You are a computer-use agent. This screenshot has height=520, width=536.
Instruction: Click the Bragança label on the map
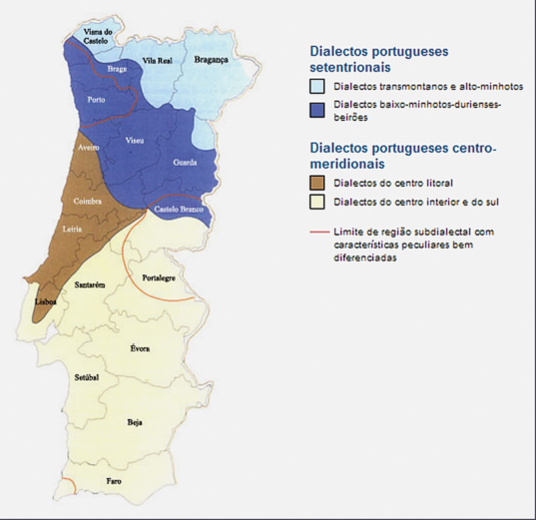click(211, 60)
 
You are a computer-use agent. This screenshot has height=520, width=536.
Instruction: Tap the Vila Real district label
click(157, 61)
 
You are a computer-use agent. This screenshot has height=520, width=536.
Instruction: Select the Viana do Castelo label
click(97, 36)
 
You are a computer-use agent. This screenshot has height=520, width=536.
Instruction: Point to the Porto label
click(96, 100)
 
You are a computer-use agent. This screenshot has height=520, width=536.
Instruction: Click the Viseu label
click(135, 140)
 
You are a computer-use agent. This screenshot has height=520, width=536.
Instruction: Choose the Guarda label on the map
click(185, 162)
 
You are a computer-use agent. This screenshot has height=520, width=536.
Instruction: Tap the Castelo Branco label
click(179, 209)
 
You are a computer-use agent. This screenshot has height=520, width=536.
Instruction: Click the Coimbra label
click(88, 201)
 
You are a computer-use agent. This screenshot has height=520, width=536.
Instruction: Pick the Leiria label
click(72, 229)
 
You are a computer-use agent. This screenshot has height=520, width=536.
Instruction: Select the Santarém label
click(90, 285)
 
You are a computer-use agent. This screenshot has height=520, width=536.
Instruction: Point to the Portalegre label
click(158, 278)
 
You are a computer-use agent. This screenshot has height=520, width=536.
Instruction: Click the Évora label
click(140, 348)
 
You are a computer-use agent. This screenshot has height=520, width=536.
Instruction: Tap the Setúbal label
click(86, 377)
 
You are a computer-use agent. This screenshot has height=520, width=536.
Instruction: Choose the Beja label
click(135, 422)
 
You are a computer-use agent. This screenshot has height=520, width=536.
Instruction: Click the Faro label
click(114, 481)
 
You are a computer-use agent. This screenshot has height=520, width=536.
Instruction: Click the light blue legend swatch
click(317, 86)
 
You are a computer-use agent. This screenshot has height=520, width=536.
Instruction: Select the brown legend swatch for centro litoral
click(317, 183)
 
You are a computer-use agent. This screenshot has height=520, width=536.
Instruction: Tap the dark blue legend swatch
click(317, 110)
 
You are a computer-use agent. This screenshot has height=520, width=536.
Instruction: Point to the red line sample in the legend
click(319, 232)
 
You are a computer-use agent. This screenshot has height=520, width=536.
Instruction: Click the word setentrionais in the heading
click(350, 67)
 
